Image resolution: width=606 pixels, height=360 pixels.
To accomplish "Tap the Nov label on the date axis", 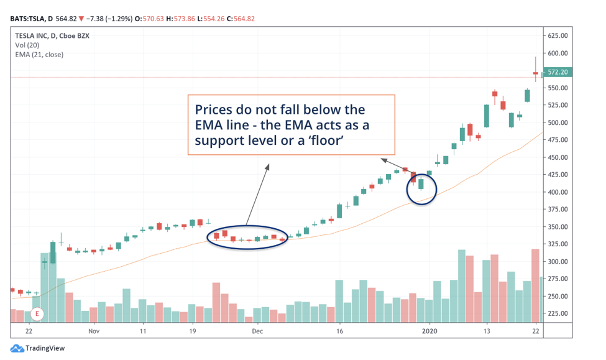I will (94, 332).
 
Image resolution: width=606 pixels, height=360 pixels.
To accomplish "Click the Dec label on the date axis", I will (258, 332).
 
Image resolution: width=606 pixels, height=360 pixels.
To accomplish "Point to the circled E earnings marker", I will (37, 313).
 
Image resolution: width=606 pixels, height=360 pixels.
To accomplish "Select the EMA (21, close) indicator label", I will (39, 55).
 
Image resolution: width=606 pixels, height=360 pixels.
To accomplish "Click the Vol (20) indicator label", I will (27, 45).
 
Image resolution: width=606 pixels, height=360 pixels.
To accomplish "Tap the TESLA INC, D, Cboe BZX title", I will (52, 36).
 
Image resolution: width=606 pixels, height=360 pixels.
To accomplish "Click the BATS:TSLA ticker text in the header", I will (29, 19).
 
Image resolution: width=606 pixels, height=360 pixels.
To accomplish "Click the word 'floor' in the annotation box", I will (324, 141).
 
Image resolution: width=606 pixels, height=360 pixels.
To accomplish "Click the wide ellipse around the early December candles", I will (247, 237).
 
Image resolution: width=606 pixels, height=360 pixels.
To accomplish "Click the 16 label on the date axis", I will (339, 332).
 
